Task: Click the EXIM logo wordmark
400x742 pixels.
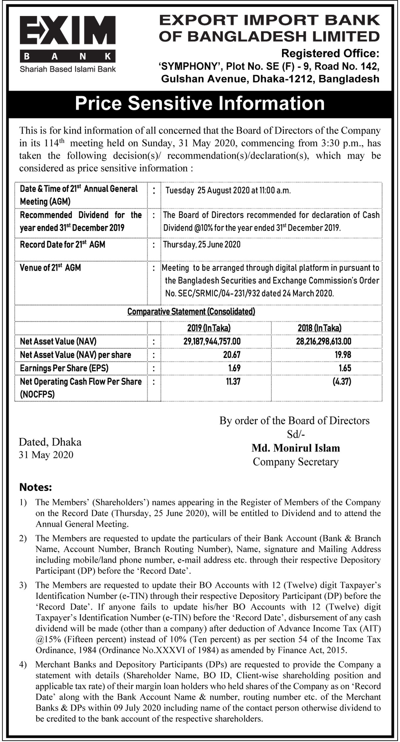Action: pyautogui.click(x=68, y=33)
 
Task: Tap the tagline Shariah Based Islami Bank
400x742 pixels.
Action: pyautogui.click(x=68, y=69)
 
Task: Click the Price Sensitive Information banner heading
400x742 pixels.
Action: pyautogui.click(x=200, y=103)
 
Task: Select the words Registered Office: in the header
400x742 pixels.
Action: pyautogui.click(x=330, y=53)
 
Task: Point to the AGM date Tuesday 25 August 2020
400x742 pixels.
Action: pyautogui.click(x=228, y=191)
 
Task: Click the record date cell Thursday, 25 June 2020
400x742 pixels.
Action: pyautogui.click(x=202, y=244)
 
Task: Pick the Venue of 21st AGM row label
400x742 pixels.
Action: pyautogui.click(x=50, y=268)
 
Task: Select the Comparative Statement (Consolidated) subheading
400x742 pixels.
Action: pyautogui.click(x=191, y=311)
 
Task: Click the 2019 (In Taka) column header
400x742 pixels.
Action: pyautogui.click(x=209, y=328)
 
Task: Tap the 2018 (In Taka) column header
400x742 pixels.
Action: pyautogui.click(x=320, y=328)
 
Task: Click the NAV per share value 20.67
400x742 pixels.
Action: pyautogui.click(x=232, y=354)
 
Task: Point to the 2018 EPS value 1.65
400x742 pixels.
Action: pyautogui.click(x=343, y=368)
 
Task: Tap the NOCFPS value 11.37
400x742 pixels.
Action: pyautogui.click(x=233, y=381)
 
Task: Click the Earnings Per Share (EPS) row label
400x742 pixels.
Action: pyautogui.click(x=64, y=368)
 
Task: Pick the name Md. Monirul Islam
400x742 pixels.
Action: pyautogui.click(x=296, y=448)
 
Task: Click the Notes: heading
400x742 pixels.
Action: pyautogui.click(x=36, y=487)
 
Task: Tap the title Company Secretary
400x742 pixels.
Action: pyautogui.click(x=296, y=462)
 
